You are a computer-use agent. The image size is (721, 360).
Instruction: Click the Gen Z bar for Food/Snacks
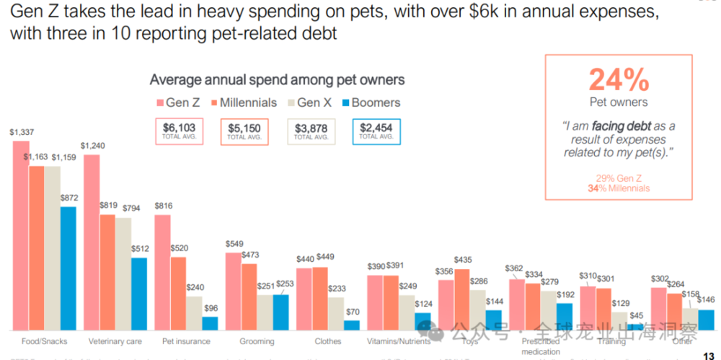point(21,235)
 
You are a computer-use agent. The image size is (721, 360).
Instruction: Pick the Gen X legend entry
point(312,102)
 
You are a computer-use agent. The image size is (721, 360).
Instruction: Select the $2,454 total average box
point(376,131)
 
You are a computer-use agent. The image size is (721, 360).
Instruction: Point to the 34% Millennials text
point(619,188)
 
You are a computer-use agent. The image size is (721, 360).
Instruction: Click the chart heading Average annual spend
point(277,79)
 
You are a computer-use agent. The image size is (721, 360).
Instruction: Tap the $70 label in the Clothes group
point(351,311)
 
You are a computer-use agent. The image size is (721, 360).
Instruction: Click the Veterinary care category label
point(115,341)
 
